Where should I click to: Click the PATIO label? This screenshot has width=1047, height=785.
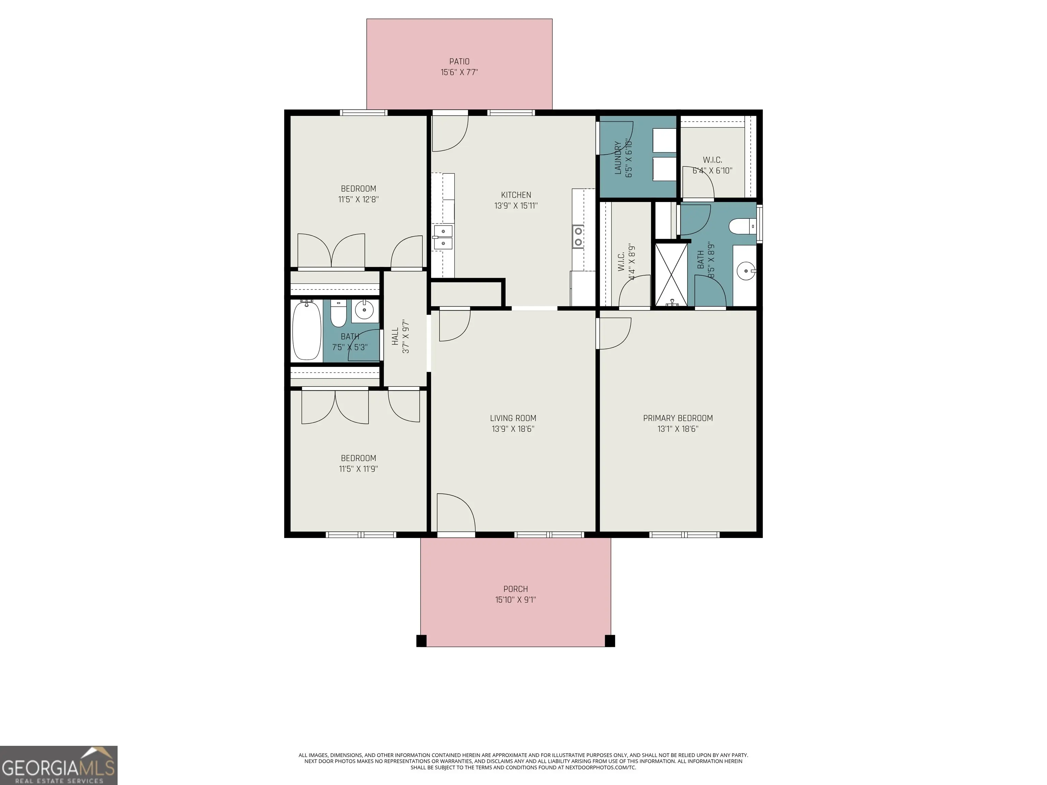click(459, 62)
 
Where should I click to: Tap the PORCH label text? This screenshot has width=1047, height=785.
click(515, 589)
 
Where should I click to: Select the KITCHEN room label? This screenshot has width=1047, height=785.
click(516, 195)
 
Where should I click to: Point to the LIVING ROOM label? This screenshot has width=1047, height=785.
click(513, 418)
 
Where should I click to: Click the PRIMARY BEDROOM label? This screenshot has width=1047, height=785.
click(678, 418)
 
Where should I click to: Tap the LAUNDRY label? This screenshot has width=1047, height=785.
click(618, 158)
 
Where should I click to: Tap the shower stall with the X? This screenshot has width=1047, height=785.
click(671, 274)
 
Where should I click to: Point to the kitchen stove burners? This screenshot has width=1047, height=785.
click(577, 236)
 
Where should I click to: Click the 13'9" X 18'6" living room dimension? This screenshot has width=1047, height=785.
click(513, 429)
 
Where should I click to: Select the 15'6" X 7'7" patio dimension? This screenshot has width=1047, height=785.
click(459, 72)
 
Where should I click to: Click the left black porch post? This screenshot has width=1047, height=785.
click(421, 641)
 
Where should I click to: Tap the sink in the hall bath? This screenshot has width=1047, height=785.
click(364, 311)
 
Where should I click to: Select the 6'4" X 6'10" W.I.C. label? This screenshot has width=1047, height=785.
click(712, 170)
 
